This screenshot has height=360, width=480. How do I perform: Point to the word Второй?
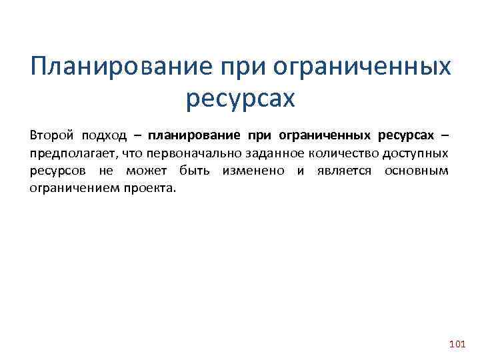pos(50,135)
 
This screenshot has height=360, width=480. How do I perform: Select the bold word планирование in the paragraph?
pos(194,136)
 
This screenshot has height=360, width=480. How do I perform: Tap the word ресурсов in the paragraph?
pos(57,171)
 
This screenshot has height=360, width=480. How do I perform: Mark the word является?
pos(341,171)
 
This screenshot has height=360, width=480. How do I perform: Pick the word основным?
pos(417,171)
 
